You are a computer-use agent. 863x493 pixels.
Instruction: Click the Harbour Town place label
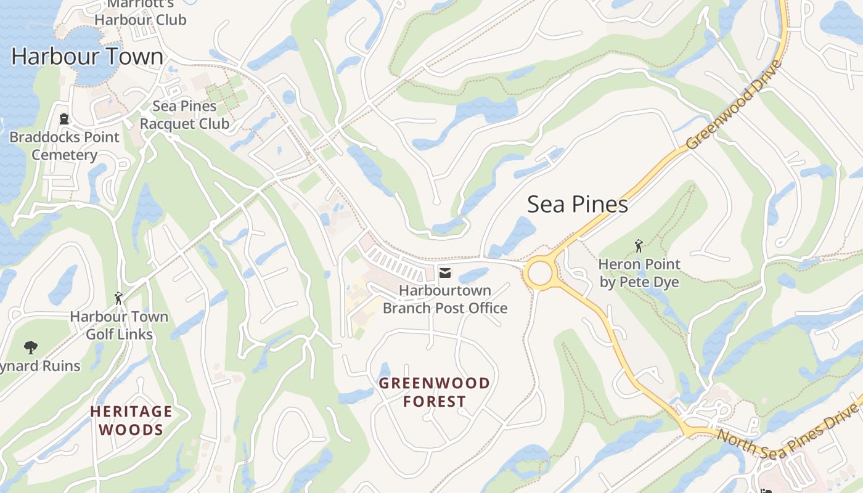coord(88,57)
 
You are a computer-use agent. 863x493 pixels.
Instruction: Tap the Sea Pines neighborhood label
coord(577,205)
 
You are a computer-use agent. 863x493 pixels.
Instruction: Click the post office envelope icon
coord(444,272)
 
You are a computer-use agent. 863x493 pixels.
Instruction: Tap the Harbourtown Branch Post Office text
coord(445,299)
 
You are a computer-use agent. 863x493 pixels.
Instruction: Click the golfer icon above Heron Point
coord(639,246)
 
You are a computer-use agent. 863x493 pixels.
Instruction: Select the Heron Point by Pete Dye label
coord(639,274)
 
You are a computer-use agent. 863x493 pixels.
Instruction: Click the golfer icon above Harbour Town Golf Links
coord(118,299)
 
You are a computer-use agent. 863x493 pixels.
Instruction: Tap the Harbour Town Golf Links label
coord(119,325)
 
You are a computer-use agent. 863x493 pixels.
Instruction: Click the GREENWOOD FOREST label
coord(435,393)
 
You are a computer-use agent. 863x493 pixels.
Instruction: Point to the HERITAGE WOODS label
coord(131,420)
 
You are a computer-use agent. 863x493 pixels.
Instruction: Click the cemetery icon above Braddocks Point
coord(63,118)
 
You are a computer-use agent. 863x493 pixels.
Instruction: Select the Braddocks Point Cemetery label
coord(65,146)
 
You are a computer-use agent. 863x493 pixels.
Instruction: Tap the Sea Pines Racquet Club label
coord(184,115)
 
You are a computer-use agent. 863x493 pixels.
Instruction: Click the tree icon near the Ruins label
coord(30,348)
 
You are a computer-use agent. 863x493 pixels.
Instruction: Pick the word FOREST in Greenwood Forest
coord(435,402)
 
